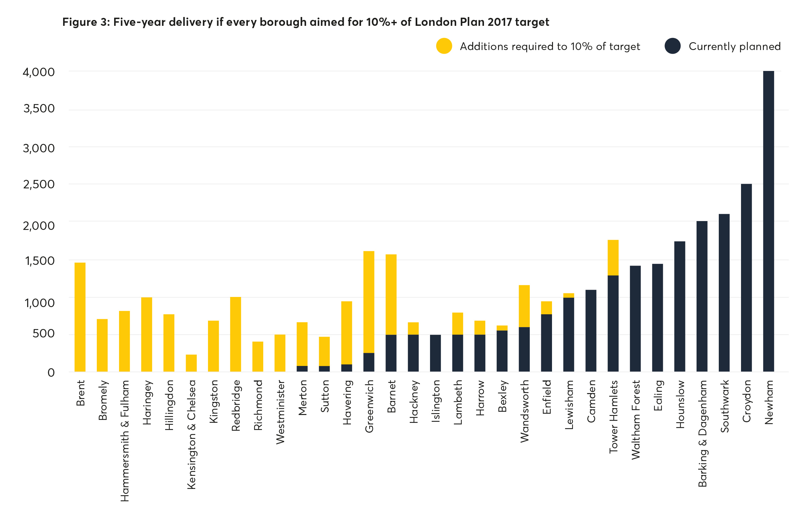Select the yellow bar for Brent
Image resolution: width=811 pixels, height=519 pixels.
pos(80,317)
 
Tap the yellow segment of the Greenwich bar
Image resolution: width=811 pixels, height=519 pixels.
pos(369,302)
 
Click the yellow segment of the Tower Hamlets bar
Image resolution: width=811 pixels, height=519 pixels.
pos(613,257)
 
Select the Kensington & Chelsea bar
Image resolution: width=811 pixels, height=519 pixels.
pos(191,363)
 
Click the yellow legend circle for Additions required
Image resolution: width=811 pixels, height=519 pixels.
pos(444,46)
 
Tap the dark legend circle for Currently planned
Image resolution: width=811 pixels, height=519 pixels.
pos(672,46)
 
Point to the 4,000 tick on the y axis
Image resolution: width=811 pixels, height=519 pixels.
pos(38,72)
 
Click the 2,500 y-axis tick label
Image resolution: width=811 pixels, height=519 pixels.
pos(38,184)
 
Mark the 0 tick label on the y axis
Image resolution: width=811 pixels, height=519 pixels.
pos(51,372)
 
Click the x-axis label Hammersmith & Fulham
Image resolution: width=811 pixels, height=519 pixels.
pos(125,441)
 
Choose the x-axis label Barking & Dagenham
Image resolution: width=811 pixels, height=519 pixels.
pos(702,433)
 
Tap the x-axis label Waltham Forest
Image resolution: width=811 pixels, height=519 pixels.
pos(635,420)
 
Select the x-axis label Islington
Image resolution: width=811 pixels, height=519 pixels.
pos(436,401)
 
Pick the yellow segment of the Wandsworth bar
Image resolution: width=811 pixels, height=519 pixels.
pos(524,306)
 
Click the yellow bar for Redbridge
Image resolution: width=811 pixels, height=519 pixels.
pos(235,334)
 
